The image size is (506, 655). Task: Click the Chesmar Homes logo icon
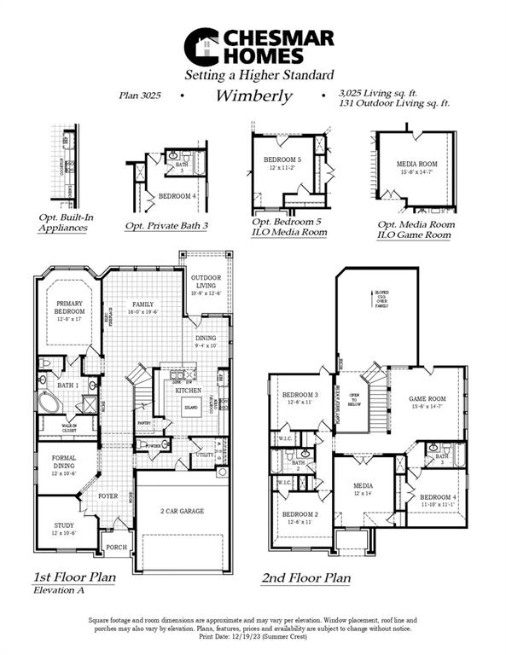[203, 46]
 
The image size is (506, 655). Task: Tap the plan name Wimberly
[253, 96]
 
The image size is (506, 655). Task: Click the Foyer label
[108, 496]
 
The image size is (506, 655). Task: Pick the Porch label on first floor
[115, 548]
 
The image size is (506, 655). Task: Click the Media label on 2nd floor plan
[364, 489]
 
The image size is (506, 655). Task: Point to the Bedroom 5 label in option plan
[282, 160]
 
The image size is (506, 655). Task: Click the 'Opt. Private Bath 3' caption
[166, 226]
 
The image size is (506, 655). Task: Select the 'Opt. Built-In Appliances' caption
[68, 223]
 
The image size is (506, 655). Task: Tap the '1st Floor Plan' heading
[75, 577]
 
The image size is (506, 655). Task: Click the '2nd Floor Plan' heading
[305, 578]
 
